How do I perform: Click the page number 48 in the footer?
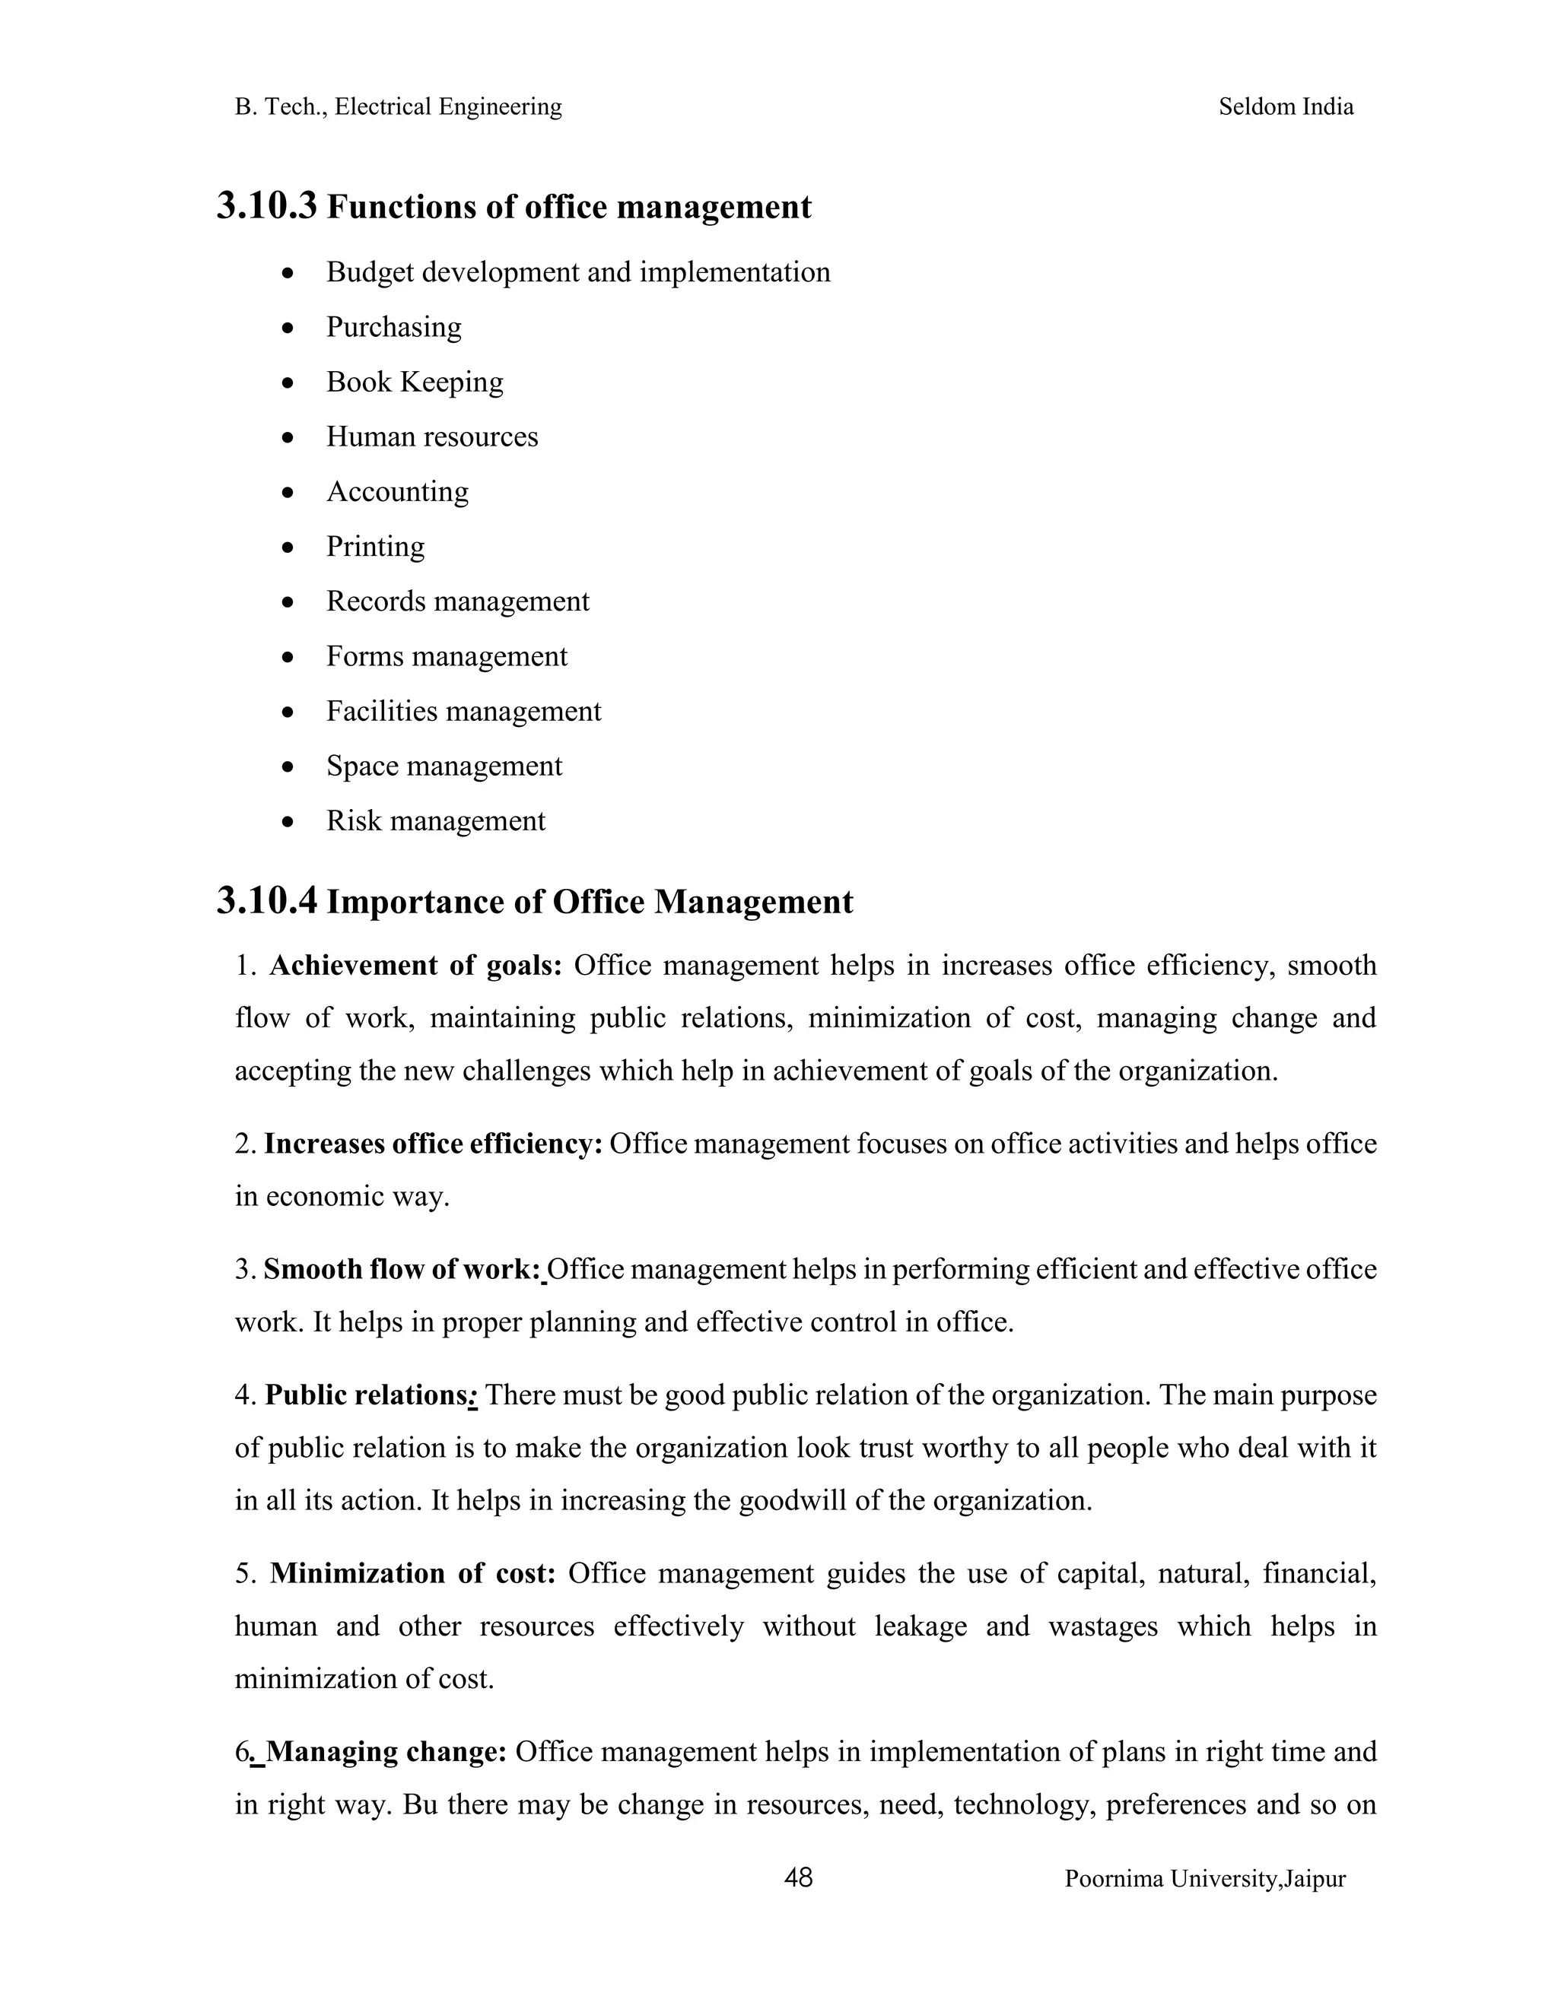(797, 1877)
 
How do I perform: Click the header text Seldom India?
(1285, 107)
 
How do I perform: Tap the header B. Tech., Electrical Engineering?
(398, 107)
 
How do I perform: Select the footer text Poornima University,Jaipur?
(1204, 1880)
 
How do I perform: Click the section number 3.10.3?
(267, 206)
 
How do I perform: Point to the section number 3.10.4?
(267, 900)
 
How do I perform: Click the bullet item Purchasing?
(393, 328)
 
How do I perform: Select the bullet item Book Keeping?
(415, 382)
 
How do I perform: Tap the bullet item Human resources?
(432, 436)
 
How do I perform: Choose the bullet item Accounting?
(397, 492)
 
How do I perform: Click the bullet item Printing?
(375, 546)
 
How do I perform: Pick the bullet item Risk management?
(436, 821)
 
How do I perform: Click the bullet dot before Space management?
(289, 766)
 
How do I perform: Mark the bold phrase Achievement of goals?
(415, 966)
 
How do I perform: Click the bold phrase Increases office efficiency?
(433, 1144)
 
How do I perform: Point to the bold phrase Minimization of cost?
(412, 1573)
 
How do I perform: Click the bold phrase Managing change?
(386, 1751)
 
